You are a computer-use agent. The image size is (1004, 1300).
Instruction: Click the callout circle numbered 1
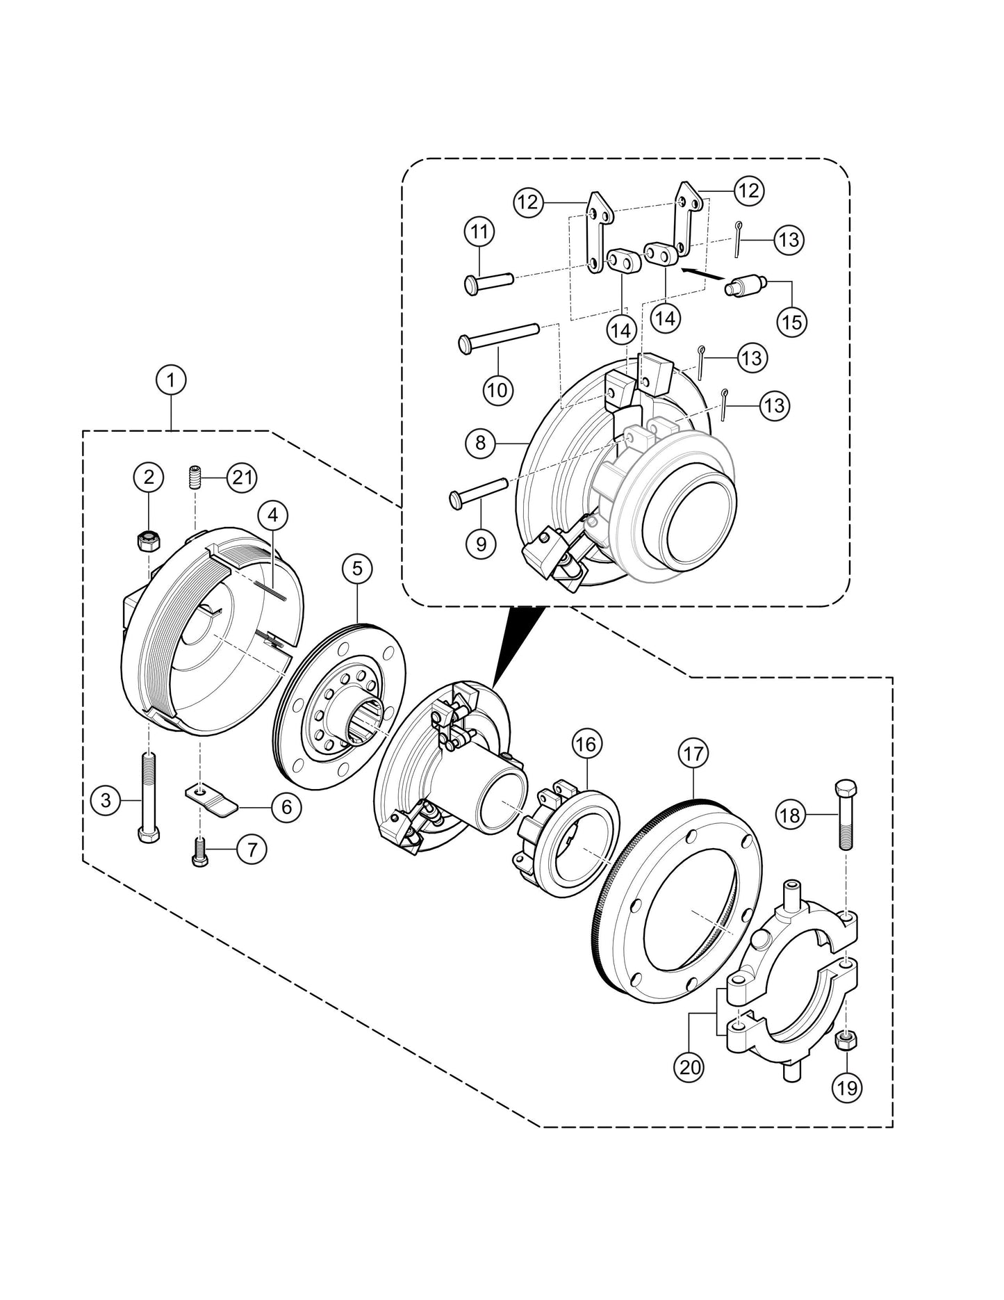171,380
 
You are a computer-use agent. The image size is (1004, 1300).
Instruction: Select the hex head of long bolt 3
148,834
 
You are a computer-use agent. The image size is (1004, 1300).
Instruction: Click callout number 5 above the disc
357,569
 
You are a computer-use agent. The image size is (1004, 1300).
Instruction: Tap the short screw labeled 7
197,852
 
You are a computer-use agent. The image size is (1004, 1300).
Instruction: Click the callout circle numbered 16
586,745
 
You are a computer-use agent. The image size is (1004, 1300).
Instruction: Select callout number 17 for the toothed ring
694,753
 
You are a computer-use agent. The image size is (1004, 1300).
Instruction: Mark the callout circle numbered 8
481,442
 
